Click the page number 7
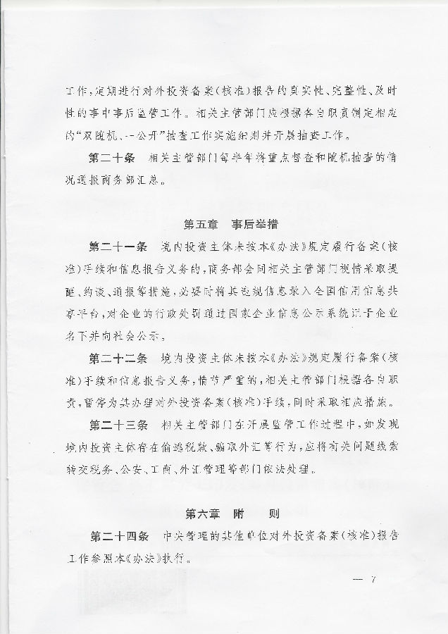coord(374,580)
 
